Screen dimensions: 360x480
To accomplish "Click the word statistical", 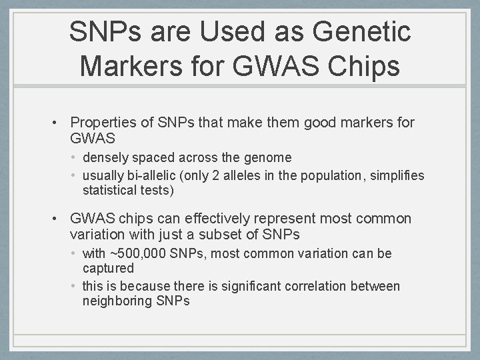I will point(109,191).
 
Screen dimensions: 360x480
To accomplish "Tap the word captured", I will point(108,269).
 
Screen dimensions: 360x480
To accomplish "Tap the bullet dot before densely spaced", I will point(77,158).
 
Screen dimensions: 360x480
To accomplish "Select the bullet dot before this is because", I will point(77,287).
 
